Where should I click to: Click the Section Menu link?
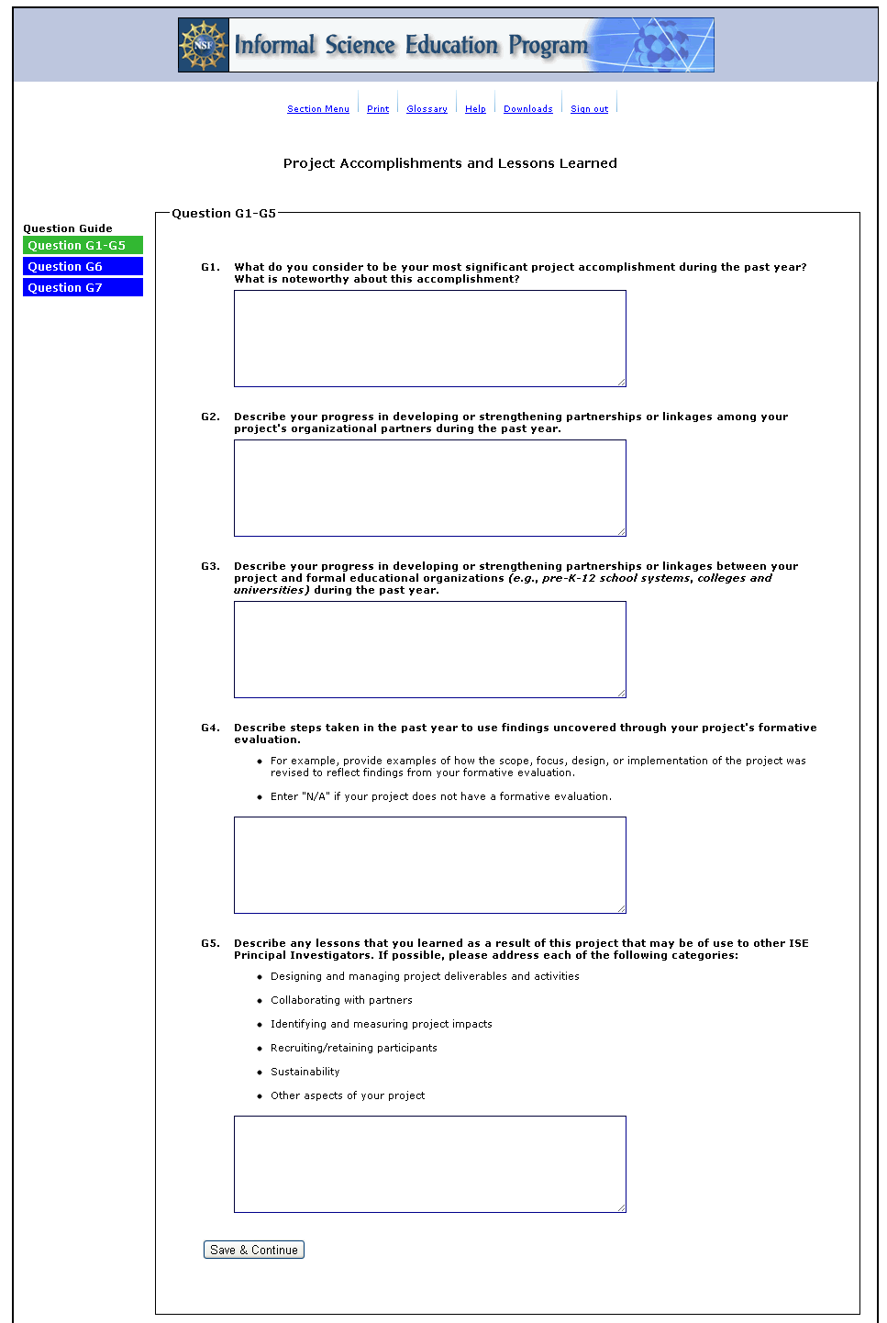[x=317, y=109]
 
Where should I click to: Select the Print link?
[x=378, y=109]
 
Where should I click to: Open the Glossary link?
[x=427, y=109]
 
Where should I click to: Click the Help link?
[x=475, y=109]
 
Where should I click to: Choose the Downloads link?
[x=527, y=109]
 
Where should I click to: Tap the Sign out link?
[x=589, y=109]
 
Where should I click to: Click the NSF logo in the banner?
[x=204, y=45]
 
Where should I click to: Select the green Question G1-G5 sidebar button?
[x=83, y=246]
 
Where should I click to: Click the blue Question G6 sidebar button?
[x=83, y=267]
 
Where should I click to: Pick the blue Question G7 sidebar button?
[x=83, y=288]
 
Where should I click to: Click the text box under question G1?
[x=429, y=339]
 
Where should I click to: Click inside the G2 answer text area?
[x=429, y=488]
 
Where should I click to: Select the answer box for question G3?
[x=429, y=650]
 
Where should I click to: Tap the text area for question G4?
[x=429, y=865]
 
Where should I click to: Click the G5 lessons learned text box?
[x=429, y=1164]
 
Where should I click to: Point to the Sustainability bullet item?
[x=305, y=1072]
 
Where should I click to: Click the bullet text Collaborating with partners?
[x=341, y=1000]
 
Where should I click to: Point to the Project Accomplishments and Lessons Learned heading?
[x=449, y=163]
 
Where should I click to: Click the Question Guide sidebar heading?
[x=68, y=228]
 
